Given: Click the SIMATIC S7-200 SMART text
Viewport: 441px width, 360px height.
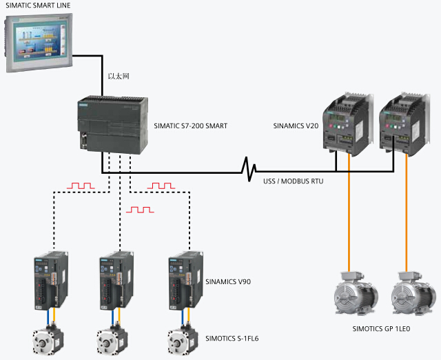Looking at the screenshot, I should [191, 126].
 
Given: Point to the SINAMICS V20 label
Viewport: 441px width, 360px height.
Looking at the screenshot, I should [296, 126].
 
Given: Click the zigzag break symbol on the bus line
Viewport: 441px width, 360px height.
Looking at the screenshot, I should [249, 168].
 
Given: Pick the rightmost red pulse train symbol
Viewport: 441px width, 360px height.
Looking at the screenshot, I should [162, 186].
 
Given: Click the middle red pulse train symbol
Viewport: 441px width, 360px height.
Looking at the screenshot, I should [140, 208].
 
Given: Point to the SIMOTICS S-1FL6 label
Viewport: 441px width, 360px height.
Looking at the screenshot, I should [236, 338].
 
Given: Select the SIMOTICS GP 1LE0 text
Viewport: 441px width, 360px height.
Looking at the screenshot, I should [381, 330].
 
